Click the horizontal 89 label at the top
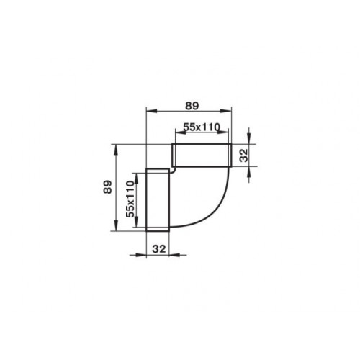[x=192, y=106]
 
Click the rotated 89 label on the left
[x=108, y=186]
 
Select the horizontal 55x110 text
[x=202, y=127]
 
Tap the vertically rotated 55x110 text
[x=130, y=199]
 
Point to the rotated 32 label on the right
[x=244, y=156]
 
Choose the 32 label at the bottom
[x=159, y=249]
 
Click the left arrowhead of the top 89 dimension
[x=152, y=111]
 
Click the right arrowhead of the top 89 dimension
[x=226, y=111]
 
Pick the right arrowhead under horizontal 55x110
[x=223, y=132]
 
